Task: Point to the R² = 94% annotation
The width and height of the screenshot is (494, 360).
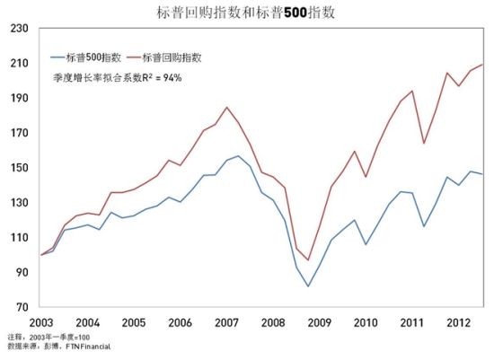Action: pyautogui.click(x=131, y=77)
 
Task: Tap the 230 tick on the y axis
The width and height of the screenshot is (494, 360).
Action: pyautogui.click(x=17, y=29)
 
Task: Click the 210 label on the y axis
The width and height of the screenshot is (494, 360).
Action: pyautogui.click(x=17, y=64)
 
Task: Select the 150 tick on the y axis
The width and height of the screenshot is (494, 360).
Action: pyautogui.click(x=17, y=168)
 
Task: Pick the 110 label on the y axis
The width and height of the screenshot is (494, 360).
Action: pyautogui.click(x=17, y=238)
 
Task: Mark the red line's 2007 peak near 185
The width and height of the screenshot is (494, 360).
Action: pyautogui.click(x=227, y=108)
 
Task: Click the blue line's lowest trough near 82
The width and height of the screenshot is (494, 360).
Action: pyautogui.click(x=308, y=286)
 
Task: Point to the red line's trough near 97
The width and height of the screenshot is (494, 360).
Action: pyautogui.click(x=308, y=260)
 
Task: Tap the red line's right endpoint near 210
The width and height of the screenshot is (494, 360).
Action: pyautogui.click(x=483, y=65)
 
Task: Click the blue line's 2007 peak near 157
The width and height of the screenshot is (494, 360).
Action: pyautogui.click(x=238, y=156)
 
